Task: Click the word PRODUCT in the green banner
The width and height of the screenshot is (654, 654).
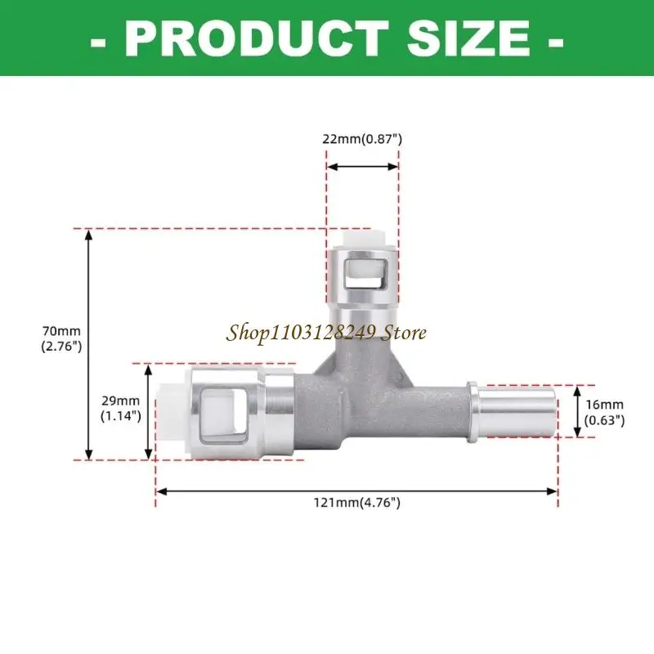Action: click(x=257, y=38)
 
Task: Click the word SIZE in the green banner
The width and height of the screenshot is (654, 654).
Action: click(x=468, y=38)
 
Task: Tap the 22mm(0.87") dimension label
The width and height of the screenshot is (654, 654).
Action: click(x=362, y=139)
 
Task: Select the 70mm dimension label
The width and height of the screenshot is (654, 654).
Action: click(x=61, y=331)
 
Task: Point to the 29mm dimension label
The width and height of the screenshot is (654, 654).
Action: click(x=120, y=401)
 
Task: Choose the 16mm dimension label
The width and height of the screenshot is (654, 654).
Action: click(x=604, y=404)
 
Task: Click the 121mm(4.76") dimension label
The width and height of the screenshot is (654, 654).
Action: click(x=357, y=503)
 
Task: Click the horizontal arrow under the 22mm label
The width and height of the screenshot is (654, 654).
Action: click(x=362, y=167)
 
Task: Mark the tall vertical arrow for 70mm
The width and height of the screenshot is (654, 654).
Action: click(x=88, y=344)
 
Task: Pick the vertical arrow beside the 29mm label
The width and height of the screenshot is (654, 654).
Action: click(x=148, y=412)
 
